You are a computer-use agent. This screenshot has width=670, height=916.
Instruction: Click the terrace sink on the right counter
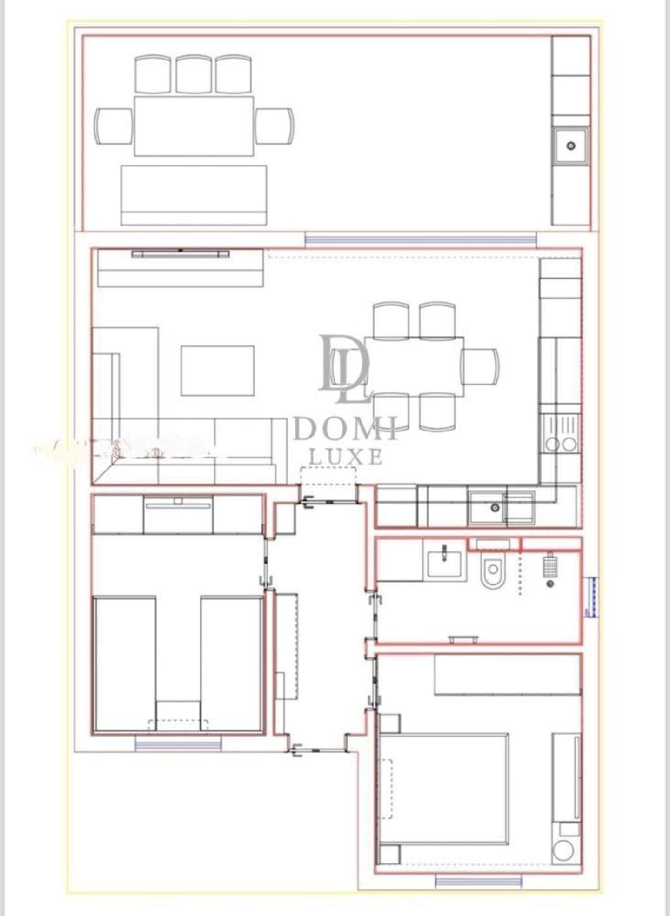tap(571, 146)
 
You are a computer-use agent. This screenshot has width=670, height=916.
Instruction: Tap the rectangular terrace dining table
tap(194, 126)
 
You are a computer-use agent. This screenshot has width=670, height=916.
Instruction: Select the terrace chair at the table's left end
tap(114, 126)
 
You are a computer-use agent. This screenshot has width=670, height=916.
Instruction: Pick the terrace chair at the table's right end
tap(275, 126)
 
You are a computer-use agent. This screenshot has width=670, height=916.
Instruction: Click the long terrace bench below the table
tap(194, 195)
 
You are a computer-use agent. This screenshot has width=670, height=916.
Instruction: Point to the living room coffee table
tap(217, 371)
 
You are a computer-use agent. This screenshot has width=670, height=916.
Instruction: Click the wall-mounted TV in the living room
tap(180, 254)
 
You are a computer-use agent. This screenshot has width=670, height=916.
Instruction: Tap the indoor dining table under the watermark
tap(414, 366)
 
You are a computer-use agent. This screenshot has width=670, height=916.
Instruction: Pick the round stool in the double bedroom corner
tap(563, 851)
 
